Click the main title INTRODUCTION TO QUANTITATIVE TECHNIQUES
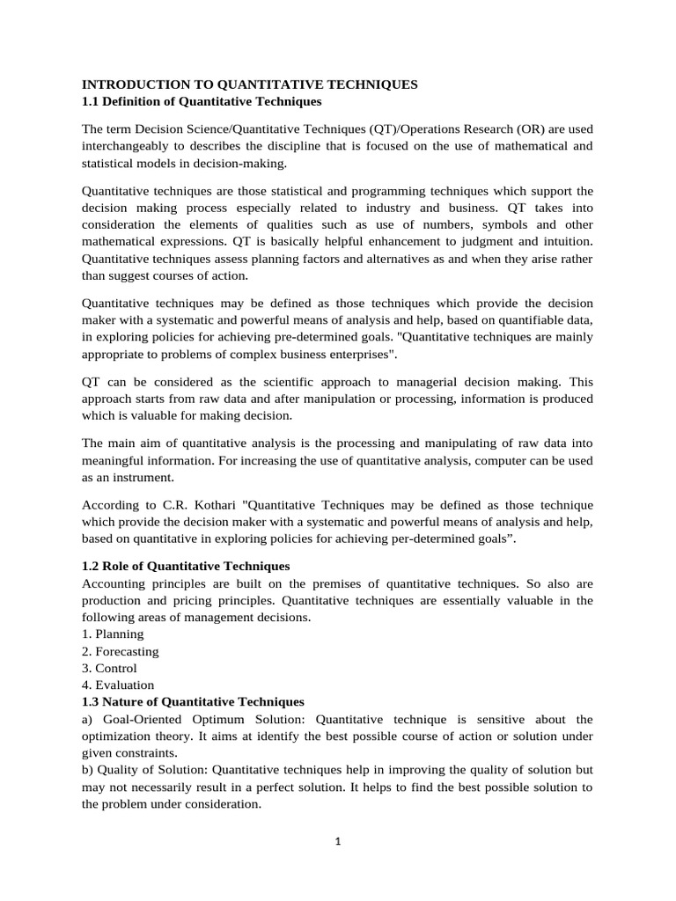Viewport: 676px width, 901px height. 249,84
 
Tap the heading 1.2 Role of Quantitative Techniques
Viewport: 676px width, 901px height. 186,565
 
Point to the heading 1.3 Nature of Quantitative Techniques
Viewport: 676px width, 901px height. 193,701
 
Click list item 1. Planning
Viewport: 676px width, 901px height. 113,634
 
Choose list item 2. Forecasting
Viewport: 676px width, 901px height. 121,651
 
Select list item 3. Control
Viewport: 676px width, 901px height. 109,668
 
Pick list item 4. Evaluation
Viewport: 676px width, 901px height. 118,685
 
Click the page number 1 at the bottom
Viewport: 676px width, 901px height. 337,841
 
